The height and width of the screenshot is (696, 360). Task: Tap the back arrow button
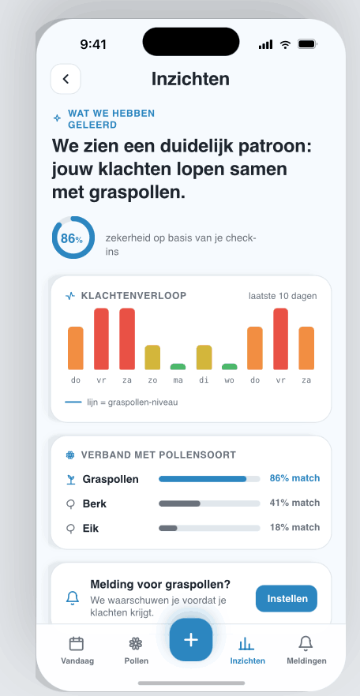click(x=66, y=79)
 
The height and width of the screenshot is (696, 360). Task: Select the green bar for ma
click(x=178, y=367)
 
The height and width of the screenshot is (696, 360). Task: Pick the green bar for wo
click(x=230, y=367)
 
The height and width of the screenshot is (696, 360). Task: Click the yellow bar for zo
click(x=152, y=357)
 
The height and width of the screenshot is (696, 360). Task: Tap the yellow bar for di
click(x=204, y=357)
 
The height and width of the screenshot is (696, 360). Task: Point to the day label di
click(x=204, y=380)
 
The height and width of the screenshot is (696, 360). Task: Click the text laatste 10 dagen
click(x=283, y=296)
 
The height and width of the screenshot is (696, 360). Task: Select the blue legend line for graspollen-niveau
click(x=73, y=402)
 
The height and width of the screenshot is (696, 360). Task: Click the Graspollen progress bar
click(x=209, y=479)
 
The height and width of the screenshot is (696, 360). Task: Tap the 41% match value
click(x=294, y=503)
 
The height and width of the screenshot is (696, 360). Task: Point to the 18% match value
click(x=294, y=527)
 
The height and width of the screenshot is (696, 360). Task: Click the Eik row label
click(x=91, y=528)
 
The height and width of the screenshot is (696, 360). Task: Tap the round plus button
click(x=191, y=640)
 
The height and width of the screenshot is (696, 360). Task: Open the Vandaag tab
click(x=77, y=650)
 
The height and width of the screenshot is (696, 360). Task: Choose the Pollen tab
click(x=137, y=650)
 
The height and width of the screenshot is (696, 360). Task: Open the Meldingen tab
click(x=306, y=650)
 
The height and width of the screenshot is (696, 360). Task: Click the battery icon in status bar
click(x=307, y=44)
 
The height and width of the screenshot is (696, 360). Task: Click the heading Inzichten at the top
click(x=190, y=79)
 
